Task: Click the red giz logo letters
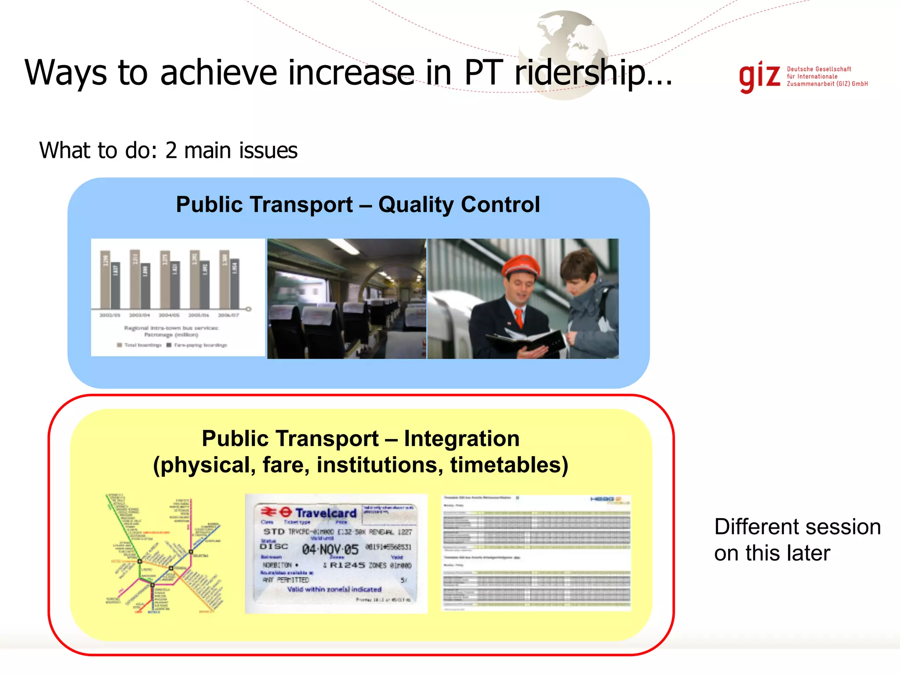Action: coord(759,78)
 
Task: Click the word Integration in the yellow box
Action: coord(461,439)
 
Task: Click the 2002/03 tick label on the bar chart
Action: coord(109,315)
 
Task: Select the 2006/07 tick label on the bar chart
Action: coord(229,315)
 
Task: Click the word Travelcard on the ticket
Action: coord(326,513)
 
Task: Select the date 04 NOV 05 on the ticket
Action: coord(330,549)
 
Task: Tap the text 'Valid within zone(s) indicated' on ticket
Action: coord(334,589)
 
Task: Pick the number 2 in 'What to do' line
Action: coord(171,151)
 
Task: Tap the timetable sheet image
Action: coord(536,553)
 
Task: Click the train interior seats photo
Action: coord(346,299)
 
